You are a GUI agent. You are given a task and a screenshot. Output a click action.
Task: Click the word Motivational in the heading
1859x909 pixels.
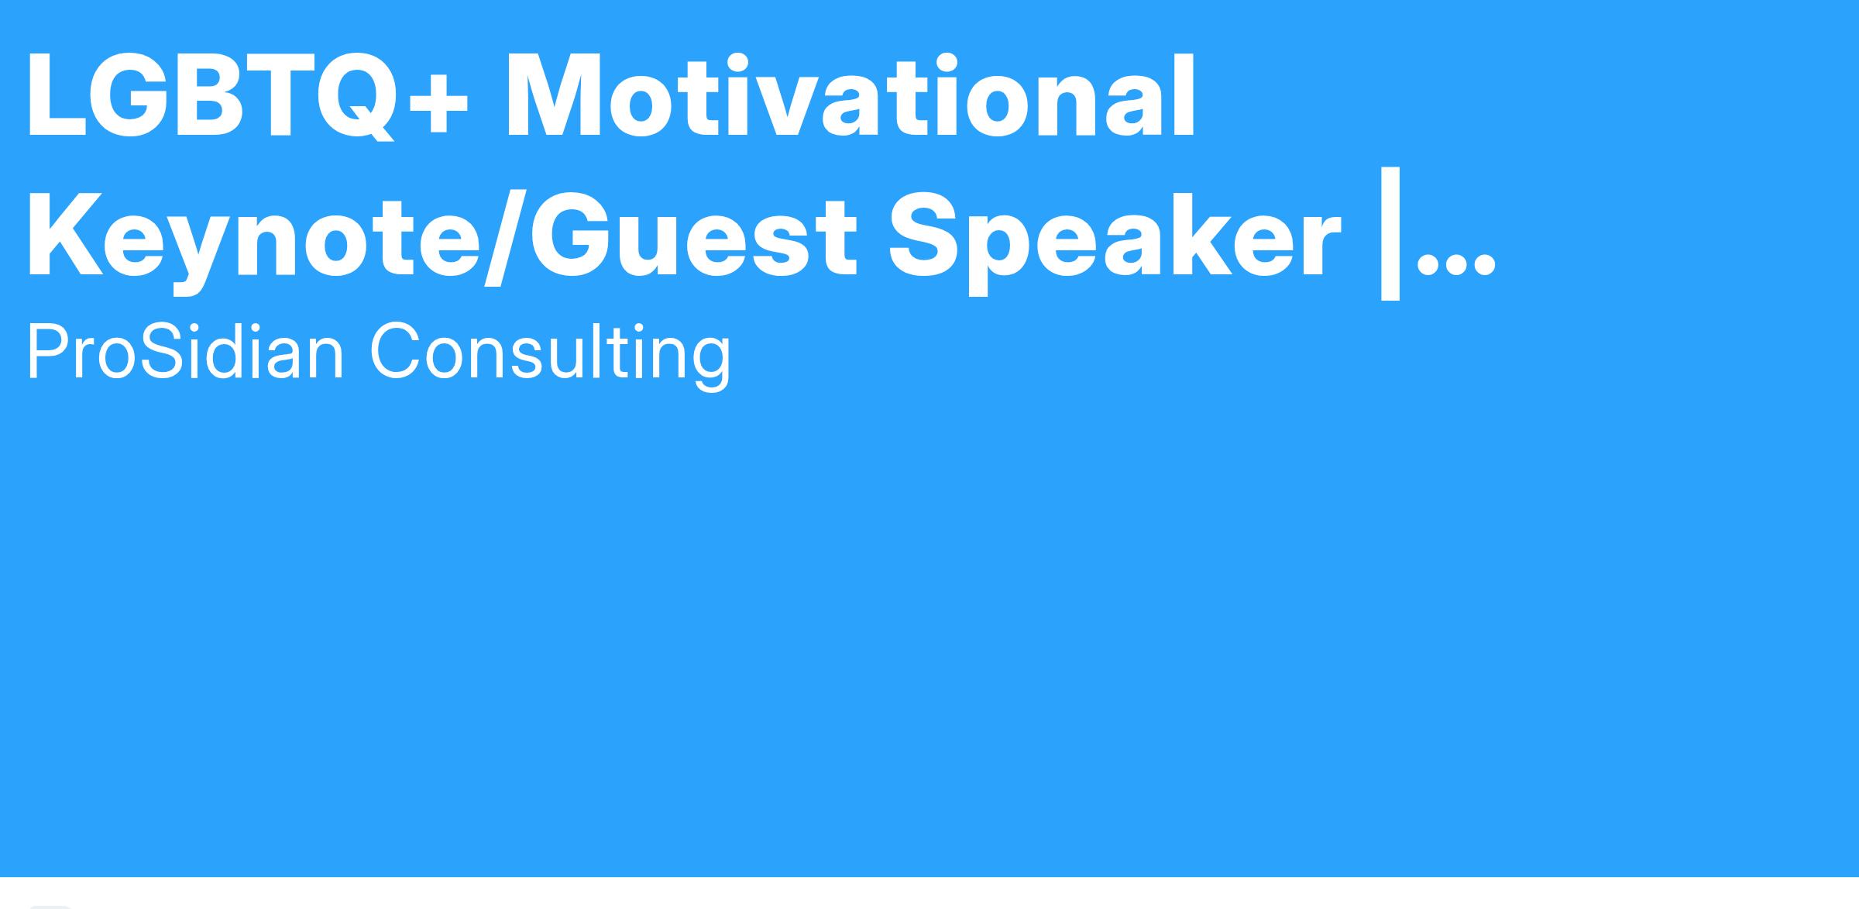850,97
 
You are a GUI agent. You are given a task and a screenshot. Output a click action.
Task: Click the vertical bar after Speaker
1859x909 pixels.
1390,232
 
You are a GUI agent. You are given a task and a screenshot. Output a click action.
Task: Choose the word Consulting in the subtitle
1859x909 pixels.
550,353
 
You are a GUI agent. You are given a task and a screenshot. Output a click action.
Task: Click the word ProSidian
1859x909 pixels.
185,351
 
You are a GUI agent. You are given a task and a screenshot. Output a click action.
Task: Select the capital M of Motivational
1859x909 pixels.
552,97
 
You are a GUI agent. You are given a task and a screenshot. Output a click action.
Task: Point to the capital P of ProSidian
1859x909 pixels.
48,350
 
